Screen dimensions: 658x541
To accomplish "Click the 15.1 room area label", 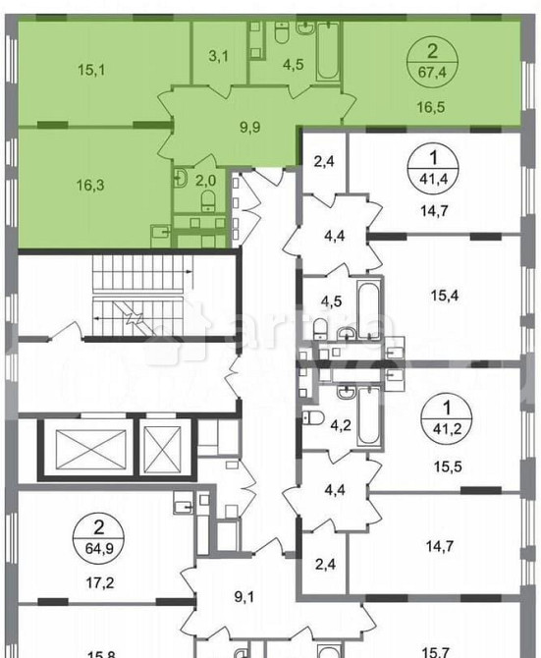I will [x=92, y=69].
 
